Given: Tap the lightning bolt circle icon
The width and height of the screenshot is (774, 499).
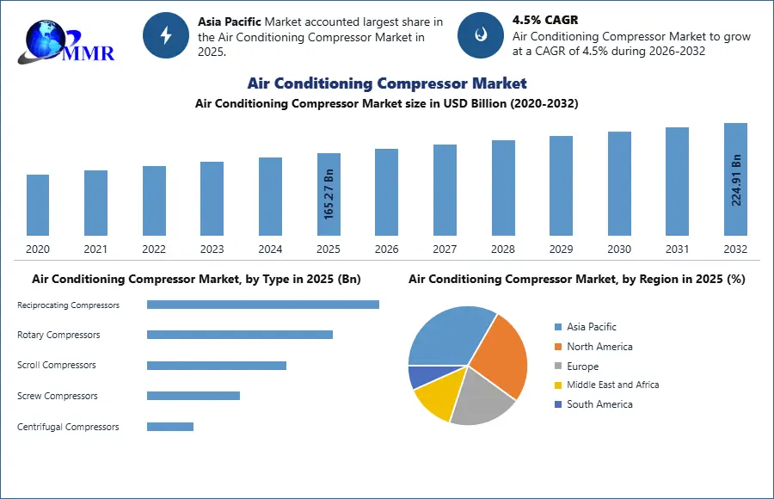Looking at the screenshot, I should pyautogui.click(x=166, y=35).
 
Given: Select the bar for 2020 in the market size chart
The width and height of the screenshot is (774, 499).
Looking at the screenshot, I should pyautogui.click(x=38, y=205).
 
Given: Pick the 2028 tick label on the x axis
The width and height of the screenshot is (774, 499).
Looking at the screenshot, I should pyautogui.click(x=503, y=249).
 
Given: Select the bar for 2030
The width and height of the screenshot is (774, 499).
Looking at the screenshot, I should pyautogui.click(x=619, y=183).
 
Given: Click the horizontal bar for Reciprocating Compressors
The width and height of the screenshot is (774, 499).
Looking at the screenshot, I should pyautogui.click(x=262, y=305).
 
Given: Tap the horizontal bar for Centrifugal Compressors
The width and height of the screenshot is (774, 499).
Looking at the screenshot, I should pyautogui.click(x=170, y=427).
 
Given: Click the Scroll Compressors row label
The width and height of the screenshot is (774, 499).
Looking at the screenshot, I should pyautogui.click(x=57, y=366).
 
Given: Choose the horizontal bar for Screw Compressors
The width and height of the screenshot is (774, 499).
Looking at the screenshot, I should pyautogui.click(x=193, y=396).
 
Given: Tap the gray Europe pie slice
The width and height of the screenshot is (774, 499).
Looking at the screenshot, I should pyautogui.click(x=482, y=400).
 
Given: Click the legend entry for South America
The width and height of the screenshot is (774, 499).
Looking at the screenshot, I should pyautogui.click(x=599, y=404).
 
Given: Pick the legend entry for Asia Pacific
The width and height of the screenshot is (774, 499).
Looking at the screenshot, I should pyautogui.click(x=591, y=327).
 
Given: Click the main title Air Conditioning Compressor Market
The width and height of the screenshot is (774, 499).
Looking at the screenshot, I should pyautogui.click(x=387, y=83).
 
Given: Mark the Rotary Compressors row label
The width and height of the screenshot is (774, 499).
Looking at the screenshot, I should pyautogui.click(x=58, y=335).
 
